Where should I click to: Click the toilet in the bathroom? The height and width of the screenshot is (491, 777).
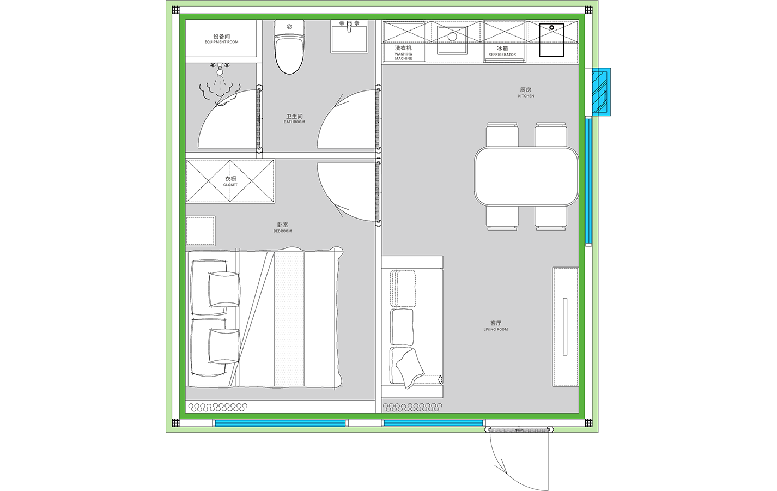click(x=289, y=46)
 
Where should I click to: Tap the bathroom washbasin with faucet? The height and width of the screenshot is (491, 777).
click(x=349, y=36)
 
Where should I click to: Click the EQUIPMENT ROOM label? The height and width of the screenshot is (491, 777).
click(x=221, y=42)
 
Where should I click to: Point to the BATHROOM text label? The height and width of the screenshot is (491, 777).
click(x=294, y=122)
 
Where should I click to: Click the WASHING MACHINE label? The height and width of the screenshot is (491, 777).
click(x=403, y=56)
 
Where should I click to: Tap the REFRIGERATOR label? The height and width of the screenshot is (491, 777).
click(x=502, y=54)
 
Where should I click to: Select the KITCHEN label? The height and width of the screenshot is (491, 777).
click(x=526, y=96)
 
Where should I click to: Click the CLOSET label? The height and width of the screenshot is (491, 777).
click(x=230, y=185)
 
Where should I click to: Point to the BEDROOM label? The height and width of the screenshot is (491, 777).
click(x=282, y=231)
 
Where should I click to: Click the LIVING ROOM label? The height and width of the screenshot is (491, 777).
click(x=496, y=329)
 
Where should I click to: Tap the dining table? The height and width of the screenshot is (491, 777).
click(x=526, y=176)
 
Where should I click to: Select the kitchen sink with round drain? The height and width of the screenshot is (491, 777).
click(x=452, y=40)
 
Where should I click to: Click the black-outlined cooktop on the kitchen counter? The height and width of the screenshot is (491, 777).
click(x=551, y=40)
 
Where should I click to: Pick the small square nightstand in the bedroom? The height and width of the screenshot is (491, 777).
click(x=201, y=231)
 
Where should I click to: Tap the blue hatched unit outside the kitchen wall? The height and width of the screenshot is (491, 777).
click(x=601, y=92)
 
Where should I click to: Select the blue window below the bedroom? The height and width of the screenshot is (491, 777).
click(x=280, y=423)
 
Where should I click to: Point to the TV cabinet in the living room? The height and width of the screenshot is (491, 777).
click(x=566, y=326)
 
